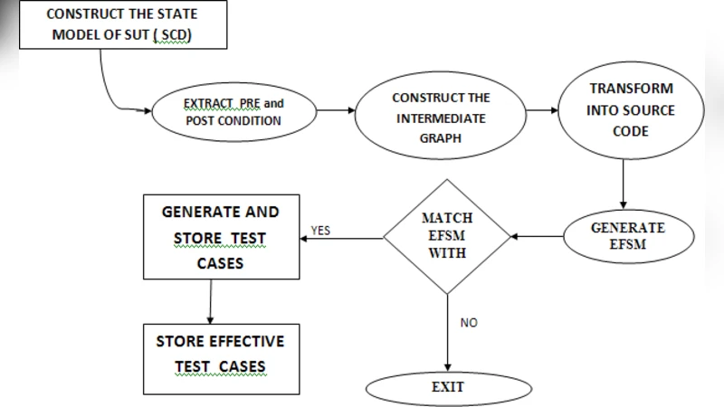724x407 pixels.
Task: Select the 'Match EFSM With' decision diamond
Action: (446, 236)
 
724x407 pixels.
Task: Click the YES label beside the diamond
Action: (319, 231)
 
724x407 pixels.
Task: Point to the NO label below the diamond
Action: (469, 323)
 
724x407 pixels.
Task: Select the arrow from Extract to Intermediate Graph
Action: (335, 112)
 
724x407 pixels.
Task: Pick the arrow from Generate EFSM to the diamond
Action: (538, 237)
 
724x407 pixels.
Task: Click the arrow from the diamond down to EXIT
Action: (446, 330)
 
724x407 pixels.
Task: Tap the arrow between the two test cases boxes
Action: (210, 300)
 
